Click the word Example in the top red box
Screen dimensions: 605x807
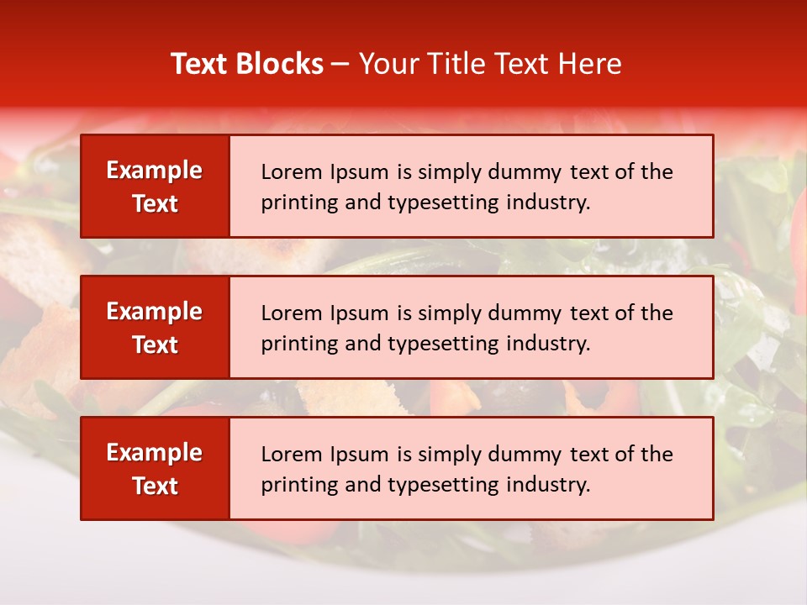[155, 171]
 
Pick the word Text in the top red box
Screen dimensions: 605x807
[155, 203]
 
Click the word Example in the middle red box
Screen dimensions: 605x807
[155, 312]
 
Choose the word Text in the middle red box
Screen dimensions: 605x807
[155, 345]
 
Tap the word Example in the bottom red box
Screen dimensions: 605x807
[155, 453]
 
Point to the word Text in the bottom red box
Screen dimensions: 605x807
[155, 486]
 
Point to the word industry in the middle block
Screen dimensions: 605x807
[546, 344]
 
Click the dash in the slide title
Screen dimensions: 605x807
[340, 65]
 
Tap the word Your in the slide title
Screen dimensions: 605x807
[386, 64]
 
